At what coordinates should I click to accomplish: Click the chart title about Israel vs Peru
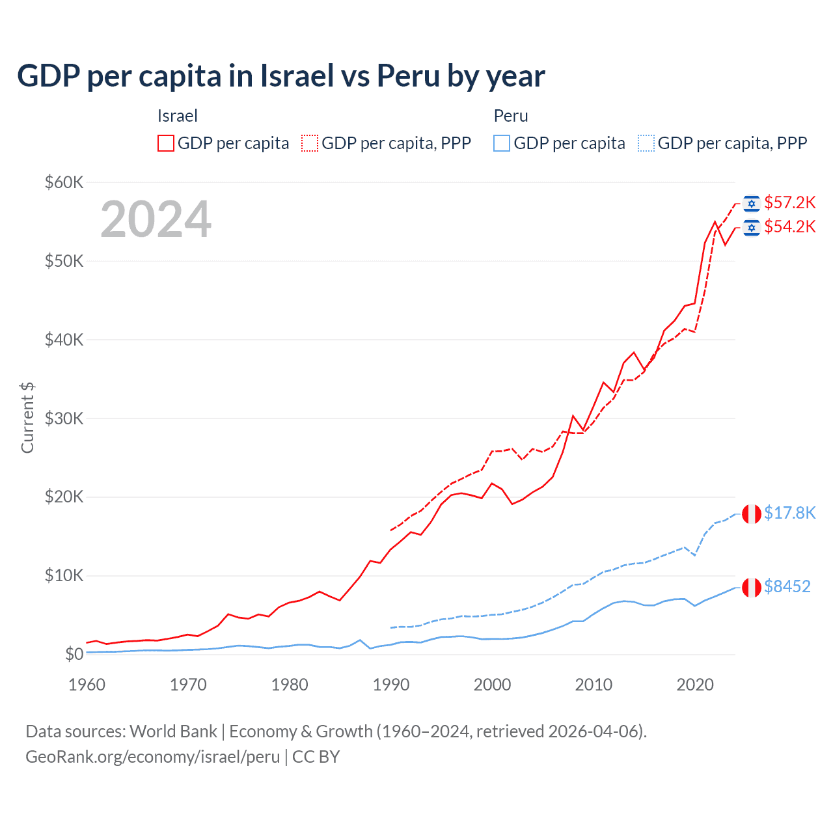coord(280,76)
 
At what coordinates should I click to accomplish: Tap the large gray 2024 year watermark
coord(156,219)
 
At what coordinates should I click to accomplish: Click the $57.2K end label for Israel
coord(789,202)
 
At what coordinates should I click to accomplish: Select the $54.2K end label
coord(789,226)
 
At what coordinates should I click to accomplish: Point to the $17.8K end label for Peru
coord(789,513)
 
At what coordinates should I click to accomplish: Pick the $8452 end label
coord(787,586)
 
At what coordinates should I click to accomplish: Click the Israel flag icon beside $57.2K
coord(752,204)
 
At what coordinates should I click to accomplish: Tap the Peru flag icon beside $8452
coord(752,587)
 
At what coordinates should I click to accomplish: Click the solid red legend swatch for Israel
coord(166,143)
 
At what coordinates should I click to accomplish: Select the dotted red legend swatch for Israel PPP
coord(310,143)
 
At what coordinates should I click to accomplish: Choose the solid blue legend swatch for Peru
coord(502,143)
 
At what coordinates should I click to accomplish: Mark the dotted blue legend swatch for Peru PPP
coord(646,143)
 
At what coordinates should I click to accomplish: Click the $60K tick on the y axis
coord(64,182)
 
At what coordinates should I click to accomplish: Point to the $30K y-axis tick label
coord(64,418)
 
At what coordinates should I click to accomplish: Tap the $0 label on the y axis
coord(74,654)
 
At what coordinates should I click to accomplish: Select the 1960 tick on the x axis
coord(87,685)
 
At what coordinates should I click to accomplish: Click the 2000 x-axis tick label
coord(492,685)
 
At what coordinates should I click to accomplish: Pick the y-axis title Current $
coord(27,418)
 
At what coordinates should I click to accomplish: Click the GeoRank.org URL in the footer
coord(152,757)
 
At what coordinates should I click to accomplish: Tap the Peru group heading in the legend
coord(511,116)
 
